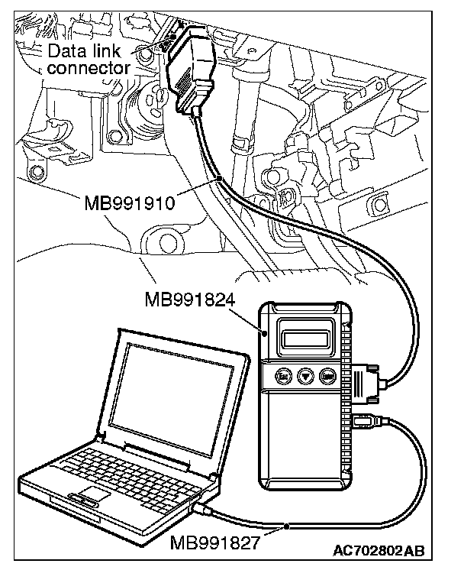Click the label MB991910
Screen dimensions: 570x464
tap(129, 204)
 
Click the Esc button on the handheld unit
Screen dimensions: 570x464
tap(282, 376)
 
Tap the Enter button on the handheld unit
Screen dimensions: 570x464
tap(328, 376)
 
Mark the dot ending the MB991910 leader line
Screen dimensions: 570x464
tap(220, 178)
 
